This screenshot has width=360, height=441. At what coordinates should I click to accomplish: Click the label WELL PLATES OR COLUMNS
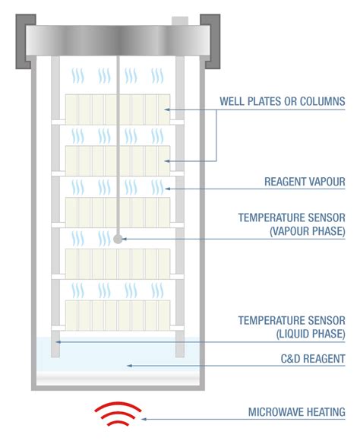click(282, 101)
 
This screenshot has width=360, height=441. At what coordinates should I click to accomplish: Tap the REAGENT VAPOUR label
click(305, 182)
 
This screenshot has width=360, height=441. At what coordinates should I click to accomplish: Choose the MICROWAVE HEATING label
click(296, 412)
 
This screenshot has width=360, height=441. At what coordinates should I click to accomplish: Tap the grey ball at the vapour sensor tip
click(118, 239)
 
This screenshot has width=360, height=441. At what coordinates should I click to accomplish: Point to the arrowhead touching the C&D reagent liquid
click(129, 366)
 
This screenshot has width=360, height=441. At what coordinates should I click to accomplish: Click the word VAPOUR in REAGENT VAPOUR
click(327, 182)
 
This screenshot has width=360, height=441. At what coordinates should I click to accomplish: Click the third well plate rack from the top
click(117, 212)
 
